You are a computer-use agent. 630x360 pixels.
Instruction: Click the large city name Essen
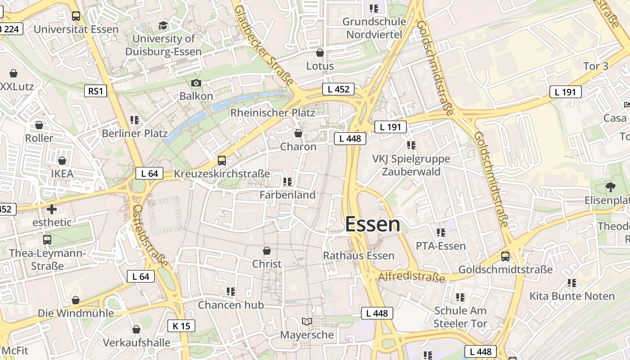pyautogui.click(x=373, y=225)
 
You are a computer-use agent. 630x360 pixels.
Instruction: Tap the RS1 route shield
pyautogui.click(x=96, y=91)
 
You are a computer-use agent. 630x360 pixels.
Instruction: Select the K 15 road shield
pyautogui.click(x=181, y=326)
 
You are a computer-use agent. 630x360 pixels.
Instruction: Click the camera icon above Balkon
pyautogui.click(x=196, y=83)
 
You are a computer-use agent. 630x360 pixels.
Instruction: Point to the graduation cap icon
pyautogui.click(x=163, y=26)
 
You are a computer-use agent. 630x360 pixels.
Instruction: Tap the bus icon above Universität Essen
pyautogui.click(x=76, y=16)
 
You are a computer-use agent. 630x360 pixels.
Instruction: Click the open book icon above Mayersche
pyautogui.click(x=307, y=322)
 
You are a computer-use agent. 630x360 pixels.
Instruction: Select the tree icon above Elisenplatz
pyautogui.click(x=610, y=187)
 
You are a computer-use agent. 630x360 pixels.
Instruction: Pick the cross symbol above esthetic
pyautogui.click(x=52, y=209)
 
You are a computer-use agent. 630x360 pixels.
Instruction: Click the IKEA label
pyautogui.click(x=62, y=174)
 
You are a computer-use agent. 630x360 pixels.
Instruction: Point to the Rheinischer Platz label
pyautogui.click(x=273, y=112)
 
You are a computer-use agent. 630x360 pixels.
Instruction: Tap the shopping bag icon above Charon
pyautogui.click(x=298, y=133)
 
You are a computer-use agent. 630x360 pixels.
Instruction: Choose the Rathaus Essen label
pyautogui.click(x=359, y=256)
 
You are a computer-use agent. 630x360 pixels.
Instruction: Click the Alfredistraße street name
pyautogui.click(x=411, y=277)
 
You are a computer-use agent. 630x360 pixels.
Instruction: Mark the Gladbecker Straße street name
pyautogui.click(x=264, y=45)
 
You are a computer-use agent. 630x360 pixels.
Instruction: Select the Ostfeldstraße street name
pyautogui.click(x=151, y=235)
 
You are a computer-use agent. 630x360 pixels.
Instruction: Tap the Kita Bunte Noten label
pyautogui.click(x=571, y=296)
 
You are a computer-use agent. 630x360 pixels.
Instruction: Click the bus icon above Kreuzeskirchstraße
pyautogui.click(x=221, y=161)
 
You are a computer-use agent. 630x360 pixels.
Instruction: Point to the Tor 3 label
pyautogui.click(x=595, y=66)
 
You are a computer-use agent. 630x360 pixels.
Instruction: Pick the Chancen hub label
pyautogui.click(x=231, y=305)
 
